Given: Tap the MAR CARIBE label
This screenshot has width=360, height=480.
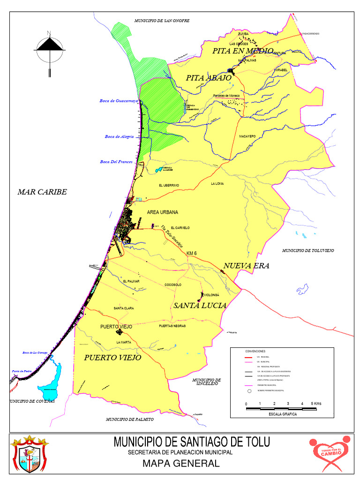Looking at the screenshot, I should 42,192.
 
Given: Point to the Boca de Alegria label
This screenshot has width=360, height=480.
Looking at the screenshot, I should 119,136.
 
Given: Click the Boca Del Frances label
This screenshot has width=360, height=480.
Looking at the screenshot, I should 116,162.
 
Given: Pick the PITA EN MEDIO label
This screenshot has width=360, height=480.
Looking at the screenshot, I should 242,51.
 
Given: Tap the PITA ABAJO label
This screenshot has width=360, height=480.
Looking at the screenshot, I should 209,78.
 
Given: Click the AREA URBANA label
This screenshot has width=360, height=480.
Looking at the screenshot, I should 163,212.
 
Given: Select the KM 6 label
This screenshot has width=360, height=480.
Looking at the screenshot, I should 192,254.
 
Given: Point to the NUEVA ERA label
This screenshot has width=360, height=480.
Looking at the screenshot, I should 247,266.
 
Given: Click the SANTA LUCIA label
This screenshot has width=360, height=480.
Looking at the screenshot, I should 200,306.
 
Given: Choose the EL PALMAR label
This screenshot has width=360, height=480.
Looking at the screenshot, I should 131,281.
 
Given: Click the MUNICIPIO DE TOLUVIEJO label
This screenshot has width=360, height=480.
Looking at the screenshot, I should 308,251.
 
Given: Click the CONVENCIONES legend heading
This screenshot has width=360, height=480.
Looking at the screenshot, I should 255,351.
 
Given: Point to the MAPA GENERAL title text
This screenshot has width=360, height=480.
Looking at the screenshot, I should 181,464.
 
